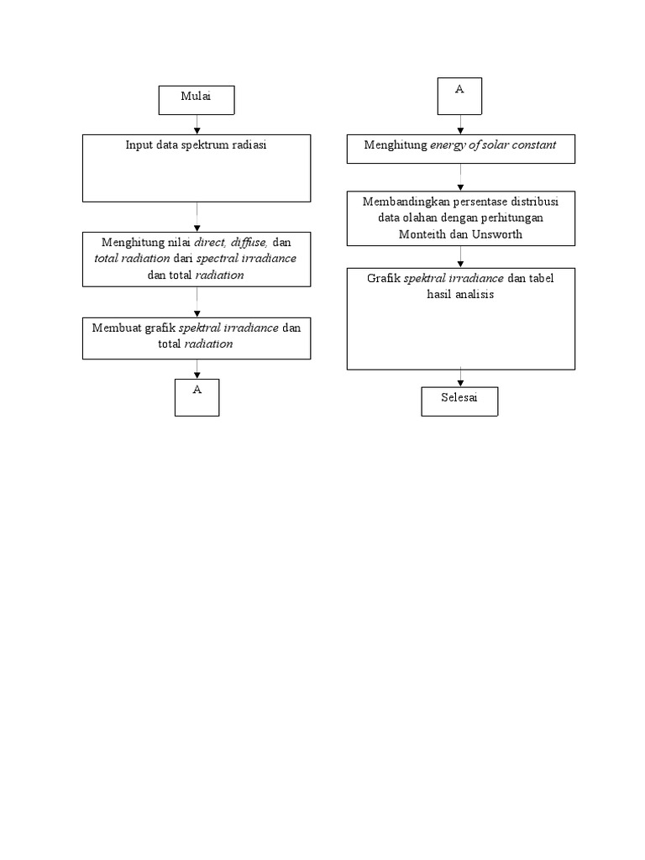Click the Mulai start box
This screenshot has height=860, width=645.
tap(197, 99)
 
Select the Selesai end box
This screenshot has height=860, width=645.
tap(459, 401)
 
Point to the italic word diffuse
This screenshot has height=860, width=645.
tap(249, 243)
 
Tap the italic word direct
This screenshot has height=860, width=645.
tap(211, 243)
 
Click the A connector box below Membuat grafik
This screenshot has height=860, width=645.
tap(197, 396)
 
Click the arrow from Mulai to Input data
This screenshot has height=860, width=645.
tap(197, 124)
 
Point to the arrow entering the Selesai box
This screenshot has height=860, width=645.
tap(459, 378)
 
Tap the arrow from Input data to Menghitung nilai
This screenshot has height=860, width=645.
tap(197, 217)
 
